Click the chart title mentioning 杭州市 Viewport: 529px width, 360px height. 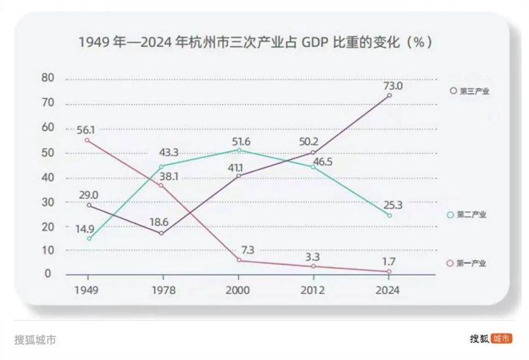(x=255, y=42)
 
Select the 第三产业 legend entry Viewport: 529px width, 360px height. (x=469, y=92)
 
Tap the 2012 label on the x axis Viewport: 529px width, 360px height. (x=313, y=291)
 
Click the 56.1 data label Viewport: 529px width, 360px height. (x=86, y=130)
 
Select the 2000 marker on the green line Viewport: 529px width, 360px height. (x=239, y=150)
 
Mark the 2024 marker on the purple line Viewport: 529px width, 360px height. (x=390, y=95)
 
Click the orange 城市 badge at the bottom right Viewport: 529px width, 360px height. (x=501, y=338)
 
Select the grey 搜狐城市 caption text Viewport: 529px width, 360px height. (x=35, y=339)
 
